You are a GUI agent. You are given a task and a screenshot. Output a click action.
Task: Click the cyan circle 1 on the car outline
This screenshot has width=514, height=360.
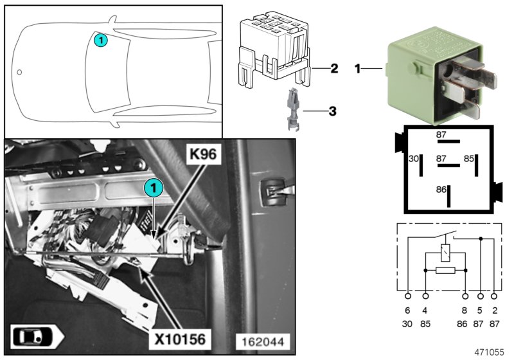[x=101, y=40]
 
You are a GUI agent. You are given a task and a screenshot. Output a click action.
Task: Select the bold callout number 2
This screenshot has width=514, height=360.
[x=333, y=67]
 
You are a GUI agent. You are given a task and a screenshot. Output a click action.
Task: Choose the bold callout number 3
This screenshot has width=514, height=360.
[x=332, y=111]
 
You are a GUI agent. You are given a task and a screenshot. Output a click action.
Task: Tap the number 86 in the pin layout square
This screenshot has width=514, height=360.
[x=440, y=190]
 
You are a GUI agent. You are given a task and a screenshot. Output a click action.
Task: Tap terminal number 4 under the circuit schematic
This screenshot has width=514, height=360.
[x=425, y=310]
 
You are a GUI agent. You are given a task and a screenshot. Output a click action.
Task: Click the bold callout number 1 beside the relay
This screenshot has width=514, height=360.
[x=358, y=67]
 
